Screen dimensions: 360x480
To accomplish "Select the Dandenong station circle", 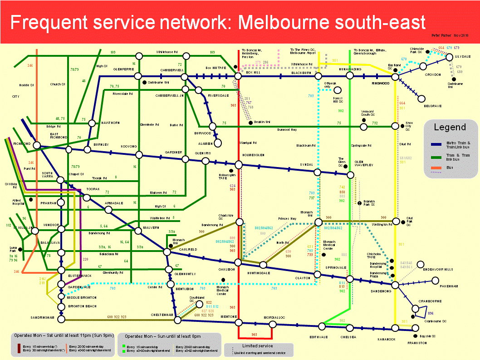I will point(395,285).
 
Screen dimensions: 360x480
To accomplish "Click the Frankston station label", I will point(417,343).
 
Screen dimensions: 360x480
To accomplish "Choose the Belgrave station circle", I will point(421,99).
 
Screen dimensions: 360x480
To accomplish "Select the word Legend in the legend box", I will point(450,127).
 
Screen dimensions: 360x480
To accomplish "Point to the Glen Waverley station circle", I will point(350,175).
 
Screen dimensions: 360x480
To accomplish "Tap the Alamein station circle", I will point(218,143).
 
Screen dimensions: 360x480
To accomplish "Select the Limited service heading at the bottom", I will point(258,346).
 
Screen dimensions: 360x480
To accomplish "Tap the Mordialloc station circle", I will point(273,324).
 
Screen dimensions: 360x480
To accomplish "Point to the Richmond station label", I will point(22,143).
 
